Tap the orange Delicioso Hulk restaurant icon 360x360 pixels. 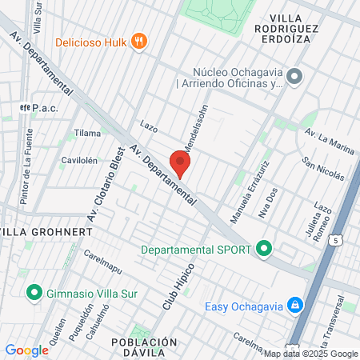click(139, 42)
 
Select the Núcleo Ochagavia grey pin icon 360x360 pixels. click(294, 77)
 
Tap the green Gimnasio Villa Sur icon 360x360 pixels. click(34, 292)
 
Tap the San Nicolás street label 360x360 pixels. click(323, 169)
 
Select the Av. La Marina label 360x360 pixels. click(326, 136)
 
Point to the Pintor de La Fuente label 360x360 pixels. click(27, 178)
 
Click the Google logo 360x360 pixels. click(26, 350)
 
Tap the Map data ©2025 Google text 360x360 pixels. click(311, 354)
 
